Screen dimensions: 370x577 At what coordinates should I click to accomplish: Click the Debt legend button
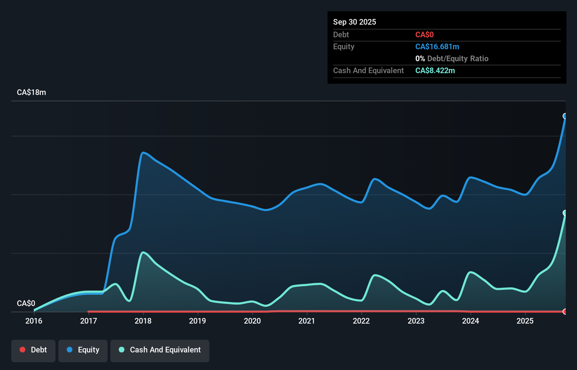pos(33,350)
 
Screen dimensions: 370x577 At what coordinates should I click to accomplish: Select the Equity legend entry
pos(83,350)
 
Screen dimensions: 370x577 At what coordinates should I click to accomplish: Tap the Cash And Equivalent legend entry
pos(160,350)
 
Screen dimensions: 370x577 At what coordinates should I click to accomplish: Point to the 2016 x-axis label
pos(34,321)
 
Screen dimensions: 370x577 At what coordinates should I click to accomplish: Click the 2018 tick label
pos(143,321)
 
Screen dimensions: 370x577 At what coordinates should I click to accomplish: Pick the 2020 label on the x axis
pos(252,321)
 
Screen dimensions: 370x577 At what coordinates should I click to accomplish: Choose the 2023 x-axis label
pos(416,321)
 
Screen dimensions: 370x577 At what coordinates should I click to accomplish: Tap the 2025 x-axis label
pos(525,321)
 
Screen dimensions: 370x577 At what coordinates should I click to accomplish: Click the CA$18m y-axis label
pos(31,92)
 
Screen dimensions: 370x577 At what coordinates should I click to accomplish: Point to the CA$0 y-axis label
pos(26,303)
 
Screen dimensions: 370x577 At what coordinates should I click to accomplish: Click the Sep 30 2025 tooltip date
pos(355,22)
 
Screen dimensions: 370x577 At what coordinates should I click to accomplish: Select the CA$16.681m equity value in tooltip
pos(437,47)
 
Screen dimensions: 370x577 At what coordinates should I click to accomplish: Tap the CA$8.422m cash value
pos(435,71)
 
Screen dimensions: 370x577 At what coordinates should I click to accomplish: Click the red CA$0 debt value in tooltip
pos(424,35)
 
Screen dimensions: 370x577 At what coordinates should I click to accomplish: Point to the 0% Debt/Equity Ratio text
pos(452,59)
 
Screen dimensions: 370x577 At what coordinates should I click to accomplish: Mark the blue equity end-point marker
pos(565,116)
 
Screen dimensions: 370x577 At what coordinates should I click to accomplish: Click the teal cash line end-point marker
pos(565,213)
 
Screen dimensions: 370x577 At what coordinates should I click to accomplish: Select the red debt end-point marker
pos(565,312)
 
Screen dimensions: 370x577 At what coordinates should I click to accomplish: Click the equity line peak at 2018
pos(143,153)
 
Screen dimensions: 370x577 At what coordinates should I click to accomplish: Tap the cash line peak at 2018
pos(143,252)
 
